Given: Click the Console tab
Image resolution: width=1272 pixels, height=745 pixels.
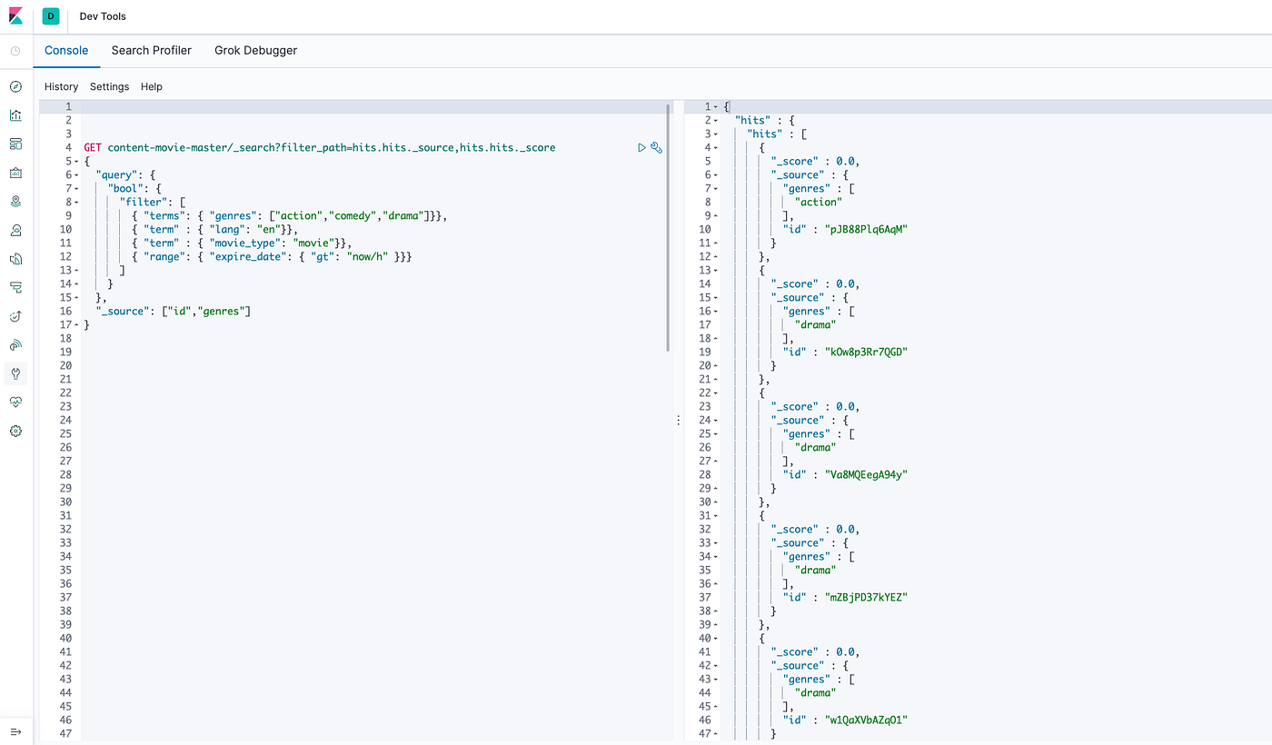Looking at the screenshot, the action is pos(66,51).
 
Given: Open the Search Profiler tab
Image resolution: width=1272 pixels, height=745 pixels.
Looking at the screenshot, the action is pos(151,51).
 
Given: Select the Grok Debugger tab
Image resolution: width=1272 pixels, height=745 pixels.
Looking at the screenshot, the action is pos(255,51).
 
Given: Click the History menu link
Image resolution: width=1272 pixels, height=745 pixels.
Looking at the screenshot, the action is pos(62,87).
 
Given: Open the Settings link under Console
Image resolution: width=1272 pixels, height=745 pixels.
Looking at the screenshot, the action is pos(110,87).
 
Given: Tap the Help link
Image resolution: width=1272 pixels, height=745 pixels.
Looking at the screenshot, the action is pos(152,87).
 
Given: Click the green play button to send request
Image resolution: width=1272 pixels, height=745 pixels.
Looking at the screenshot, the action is pos(641,147).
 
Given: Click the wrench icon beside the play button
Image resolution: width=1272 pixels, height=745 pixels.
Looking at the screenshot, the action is pos(656,147).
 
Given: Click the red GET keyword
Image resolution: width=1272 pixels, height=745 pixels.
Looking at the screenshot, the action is pos(93,147).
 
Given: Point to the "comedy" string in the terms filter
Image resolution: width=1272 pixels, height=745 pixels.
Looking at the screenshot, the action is pos(353,216).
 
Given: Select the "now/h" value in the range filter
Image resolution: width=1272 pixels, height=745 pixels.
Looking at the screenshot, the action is pos(367,256).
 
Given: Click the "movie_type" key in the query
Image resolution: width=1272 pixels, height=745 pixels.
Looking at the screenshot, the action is pos(245,243).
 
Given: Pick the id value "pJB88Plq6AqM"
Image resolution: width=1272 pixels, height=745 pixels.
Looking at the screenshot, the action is pos(866,229).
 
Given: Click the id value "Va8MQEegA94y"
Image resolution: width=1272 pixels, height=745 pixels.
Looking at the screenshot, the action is pos(866,474).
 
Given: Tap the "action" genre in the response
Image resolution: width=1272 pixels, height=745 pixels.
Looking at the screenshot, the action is pos(819,202).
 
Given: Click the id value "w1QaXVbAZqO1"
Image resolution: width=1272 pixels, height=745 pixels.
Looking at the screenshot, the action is pos(866,720).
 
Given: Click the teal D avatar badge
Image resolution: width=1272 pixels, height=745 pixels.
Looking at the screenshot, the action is pos(51,16).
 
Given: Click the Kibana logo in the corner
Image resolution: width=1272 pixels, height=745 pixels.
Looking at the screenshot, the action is pos(16,16).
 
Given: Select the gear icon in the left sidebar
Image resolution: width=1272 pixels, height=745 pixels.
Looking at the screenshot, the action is pos(16,431).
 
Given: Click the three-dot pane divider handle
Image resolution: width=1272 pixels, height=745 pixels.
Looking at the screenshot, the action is pos(678,420).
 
